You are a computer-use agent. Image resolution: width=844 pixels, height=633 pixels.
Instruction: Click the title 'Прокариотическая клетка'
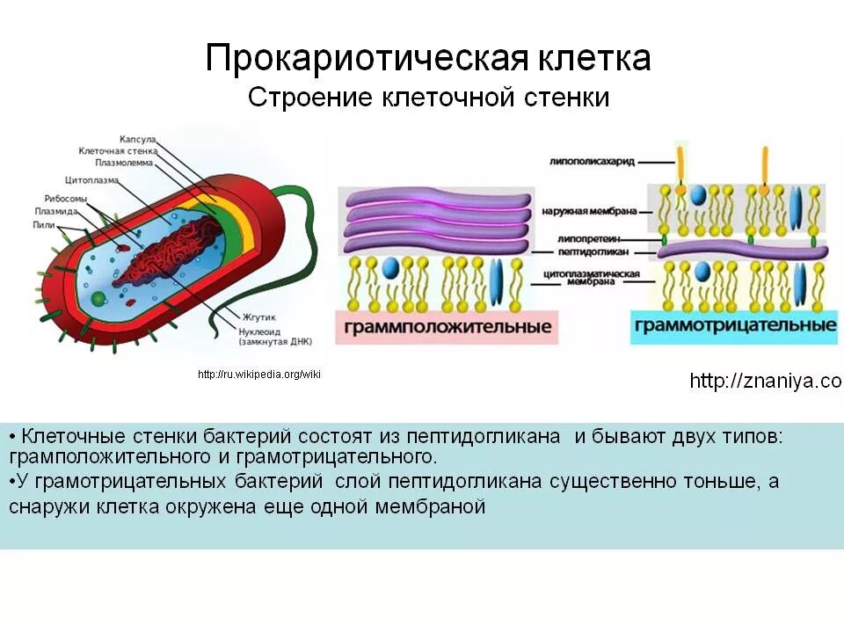point(428,59)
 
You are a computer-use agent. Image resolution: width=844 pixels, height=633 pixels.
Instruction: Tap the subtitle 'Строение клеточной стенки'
point(428,97)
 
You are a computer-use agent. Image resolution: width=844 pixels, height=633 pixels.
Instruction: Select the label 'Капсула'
point(138,140)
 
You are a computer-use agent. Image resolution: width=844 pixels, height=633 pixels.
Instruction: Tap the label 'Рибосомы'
point(66,199)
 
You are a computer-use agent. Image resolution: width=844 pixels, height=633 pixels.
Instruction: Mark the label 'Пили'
point(42,225)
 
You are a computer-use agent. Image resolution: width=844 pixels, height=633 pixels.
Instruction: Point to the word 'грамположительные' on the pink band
point(447,326)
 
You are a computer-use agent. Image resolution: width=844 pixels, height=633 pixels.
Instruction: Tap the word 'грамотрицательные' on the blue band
point(735,325)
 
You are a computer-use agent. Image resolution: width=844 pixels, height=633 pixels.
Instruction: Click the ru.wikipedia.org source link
point(259,375)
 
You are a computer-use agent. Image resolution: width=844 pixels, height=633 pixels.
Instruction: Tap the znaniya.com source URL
point(765,381)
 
